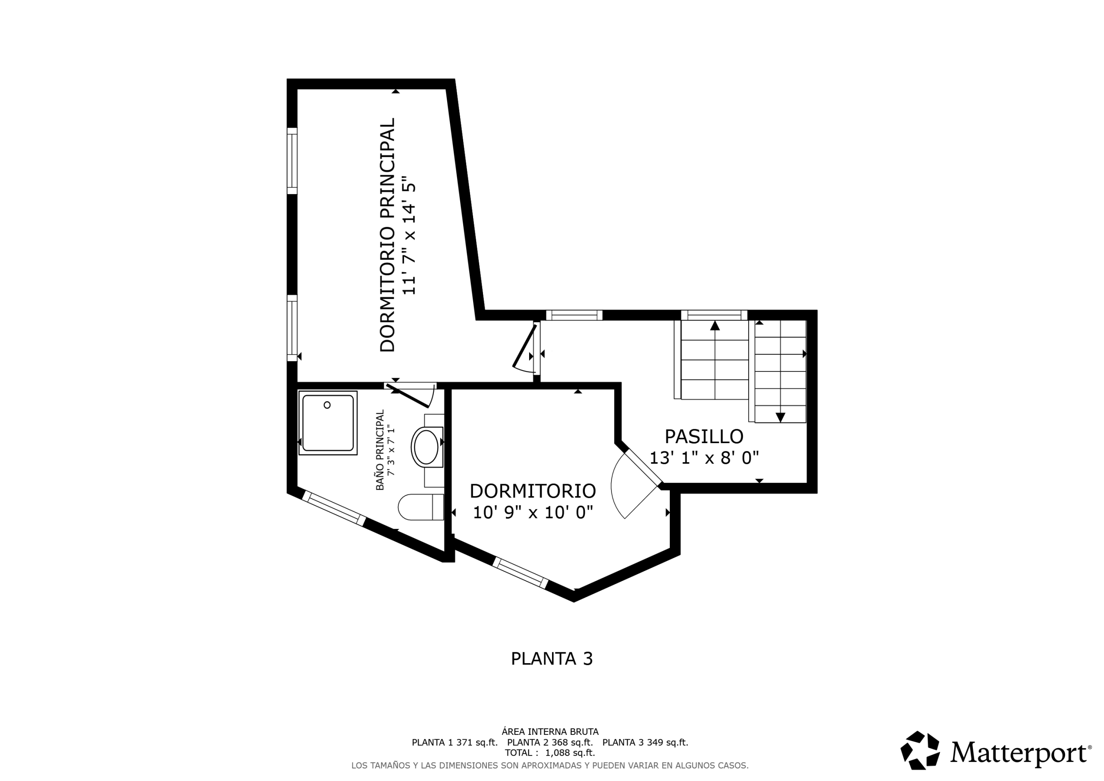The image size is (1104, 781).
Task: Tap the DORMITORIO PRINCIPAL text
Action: coord(388,235)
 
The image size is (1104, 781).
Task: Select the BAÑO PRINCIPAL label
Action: coord(380,450)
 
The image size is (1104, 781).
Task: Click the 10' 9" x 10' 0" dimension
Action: coord(533,513)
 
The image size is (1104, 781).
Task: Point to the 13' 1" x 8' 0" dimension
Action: coord(704,458)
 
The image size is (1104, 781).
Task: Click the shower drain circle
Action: coord(327,405)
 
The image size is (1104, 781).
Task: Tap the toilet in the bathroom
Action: coord(421,507)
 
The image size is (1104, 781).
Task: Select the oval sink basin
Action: coord(426,447)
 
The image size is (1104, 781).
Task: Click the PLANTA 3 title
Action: coord(552,659)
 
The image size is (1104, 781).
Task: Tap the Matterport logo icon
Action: coord(920,750)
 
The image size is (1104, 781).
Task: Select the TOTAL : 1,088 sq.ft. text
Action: coord(550,753)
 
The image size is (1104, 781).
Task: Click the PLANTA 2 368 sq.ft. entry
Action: coord(550,743)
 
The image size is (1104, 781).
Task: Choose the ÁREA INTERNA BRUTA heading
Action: coord(550,732)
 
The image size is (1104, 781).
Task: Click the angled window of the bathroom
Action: coord(334,508)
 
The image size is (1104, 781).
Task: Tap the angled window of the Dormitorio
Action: coord(520,573)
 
